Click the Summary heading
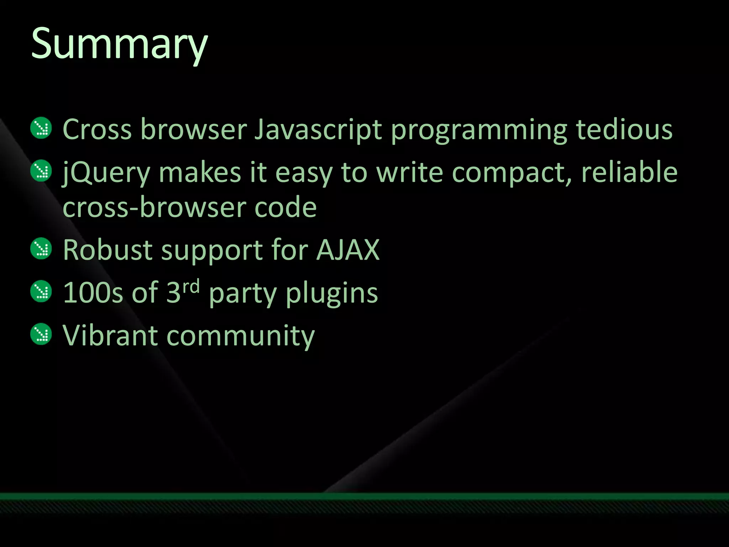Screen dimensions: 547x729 coord(119,45)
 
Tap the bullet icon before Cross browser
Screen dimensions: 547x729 coord(41,128)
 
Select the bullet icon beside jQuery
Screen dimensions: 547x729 coord(41,171)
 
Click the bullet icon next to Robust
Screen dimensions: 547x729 coord(41,248)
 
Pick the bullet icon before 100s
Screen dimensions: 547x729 coord(41,291)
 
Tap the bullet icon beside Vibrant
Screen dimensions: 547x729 coord(41,334)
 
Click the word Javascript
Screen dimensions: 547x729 coord(318,130)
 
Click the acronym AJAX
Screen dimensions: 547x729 coord(348,250)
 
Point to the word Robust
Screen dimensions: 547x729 coord(108,250)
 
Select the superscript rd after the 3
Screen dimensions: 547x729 coord(191,286)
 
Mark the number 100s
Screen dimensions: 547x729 coord(93,293)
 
